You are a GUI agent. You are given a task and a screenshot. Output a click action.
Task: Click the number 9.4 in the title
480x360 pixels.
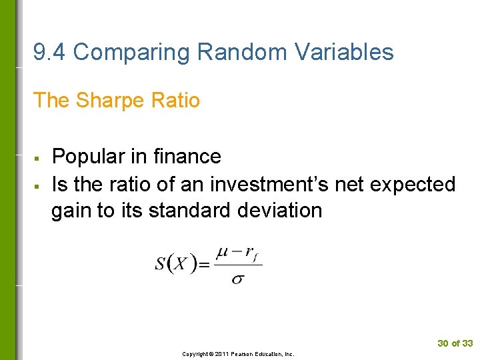tap(49, 52)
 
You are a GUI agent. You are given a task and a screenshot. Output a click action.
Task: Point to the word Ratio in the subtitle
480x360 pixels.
tap(175, 101)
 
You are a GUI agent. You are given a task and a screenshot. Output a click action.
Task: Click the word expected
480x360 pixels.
tap(412, 184)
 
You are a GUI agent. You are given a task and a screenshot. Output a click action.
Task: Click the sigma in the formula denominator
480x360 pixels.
tap(237, 278)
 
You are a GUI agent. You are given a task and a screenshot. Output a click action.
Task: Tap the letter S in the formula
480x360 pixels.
tap(161, 264)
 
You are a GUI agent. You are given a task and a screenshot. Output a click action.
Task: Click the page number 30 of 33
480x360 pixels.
tap(455, 343)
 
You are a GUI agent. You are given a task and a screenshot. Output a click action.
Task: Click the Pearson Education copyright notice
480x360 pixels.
tap(239, 354)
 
